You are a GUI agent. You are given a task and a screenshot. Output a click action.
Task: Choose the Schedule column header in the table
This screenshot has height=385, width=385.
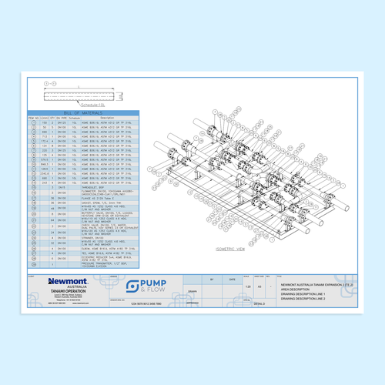tap(75, 117)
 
